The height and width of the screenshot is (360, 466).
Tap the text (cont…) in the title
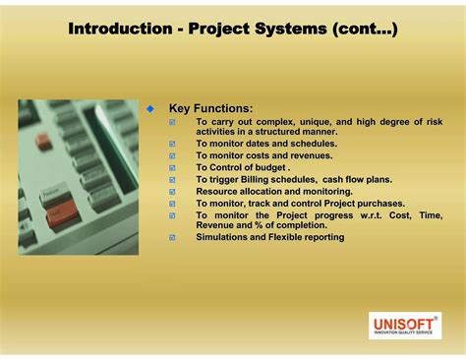pos(365,30)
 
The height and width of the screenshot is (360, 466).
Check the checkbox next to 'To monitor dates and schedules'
pos(173,144)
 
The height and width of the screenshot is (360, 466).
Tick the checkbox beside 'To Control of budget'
pos(173,167)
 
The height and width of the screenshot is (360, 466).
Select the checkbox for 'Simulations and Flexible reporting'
pos(173,237)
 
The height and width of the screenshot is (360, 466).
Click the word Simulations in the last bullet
pos(225,237)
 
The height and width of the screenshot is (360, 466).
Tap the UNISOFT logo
pos(404,322)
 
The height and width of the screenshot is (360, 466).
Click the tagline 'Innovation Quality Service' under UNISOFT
pos(404,333)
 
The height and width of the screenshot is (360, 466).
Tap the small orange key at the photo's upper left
pos(43,141)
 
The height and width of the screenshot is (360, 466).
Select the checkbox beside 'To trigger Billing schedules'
pos(173,179)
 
